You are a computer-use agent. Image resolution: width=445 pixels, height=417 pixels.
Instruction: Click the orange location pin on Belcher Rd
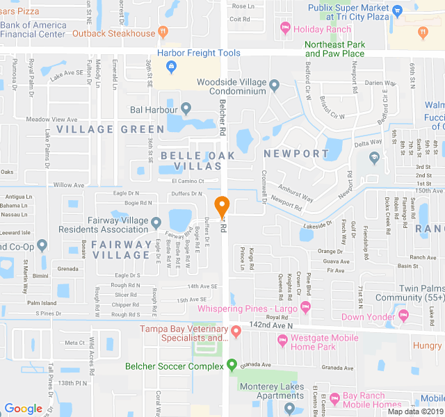pyautogui.click(x=222, y=206)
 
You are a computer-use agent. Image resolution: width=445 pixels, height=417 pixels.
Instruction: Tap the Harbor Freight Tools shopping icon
pyautogui.click(x=171, y=67)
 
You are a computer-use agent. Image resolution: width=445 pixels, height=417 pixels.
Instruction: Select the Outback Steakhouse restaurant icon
pyautogui.click(x=163, y=33)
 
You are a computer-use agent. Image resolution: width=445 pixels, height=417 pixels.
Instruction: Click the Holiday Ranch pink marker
pyautogui.click(x=284, y=28)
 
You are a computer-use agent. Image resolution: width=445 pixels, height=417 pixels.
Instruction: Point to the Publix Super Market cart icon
pyautogui.click(x=397, y=10)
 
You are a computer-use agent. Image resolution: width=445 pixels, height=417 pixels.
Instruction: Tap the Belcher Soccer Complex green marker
pyautogui.click(x=232, y=366)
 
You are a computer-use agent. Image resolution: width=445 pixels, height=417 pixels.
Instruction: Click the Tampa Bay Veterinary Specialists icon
pyautogui.click(x=236, y=330)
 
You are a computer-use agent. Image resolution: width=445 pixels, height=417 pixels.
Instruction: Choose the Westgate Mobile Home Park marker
pyautogui.click(x=282, y=341)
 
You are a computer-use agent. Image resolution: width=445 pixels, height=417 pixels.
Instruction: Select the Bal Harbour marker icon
pyautogui.click(x=186, y=109)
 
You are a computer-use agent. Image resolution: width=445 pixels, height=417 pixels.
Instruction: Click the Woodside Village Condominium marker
pyautogui.click(x=275, y=87)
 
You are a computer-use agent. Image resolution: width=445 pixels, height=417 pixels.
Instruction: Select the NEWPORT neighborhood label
pyautogui.click(x=296, y=154)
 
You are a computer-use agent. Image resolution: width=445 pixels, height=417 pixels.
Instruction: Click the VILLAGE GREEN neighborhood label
pyautogui.click(x=101, y=129)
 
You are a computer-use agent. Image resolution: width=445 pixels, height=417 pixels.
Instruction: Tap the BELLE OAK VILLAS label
pyautogui.click(x=191, y=161)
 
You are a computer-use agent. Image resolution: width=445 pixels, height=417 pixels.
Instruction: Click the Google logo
pyautogui.click(x=24, y=409)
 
